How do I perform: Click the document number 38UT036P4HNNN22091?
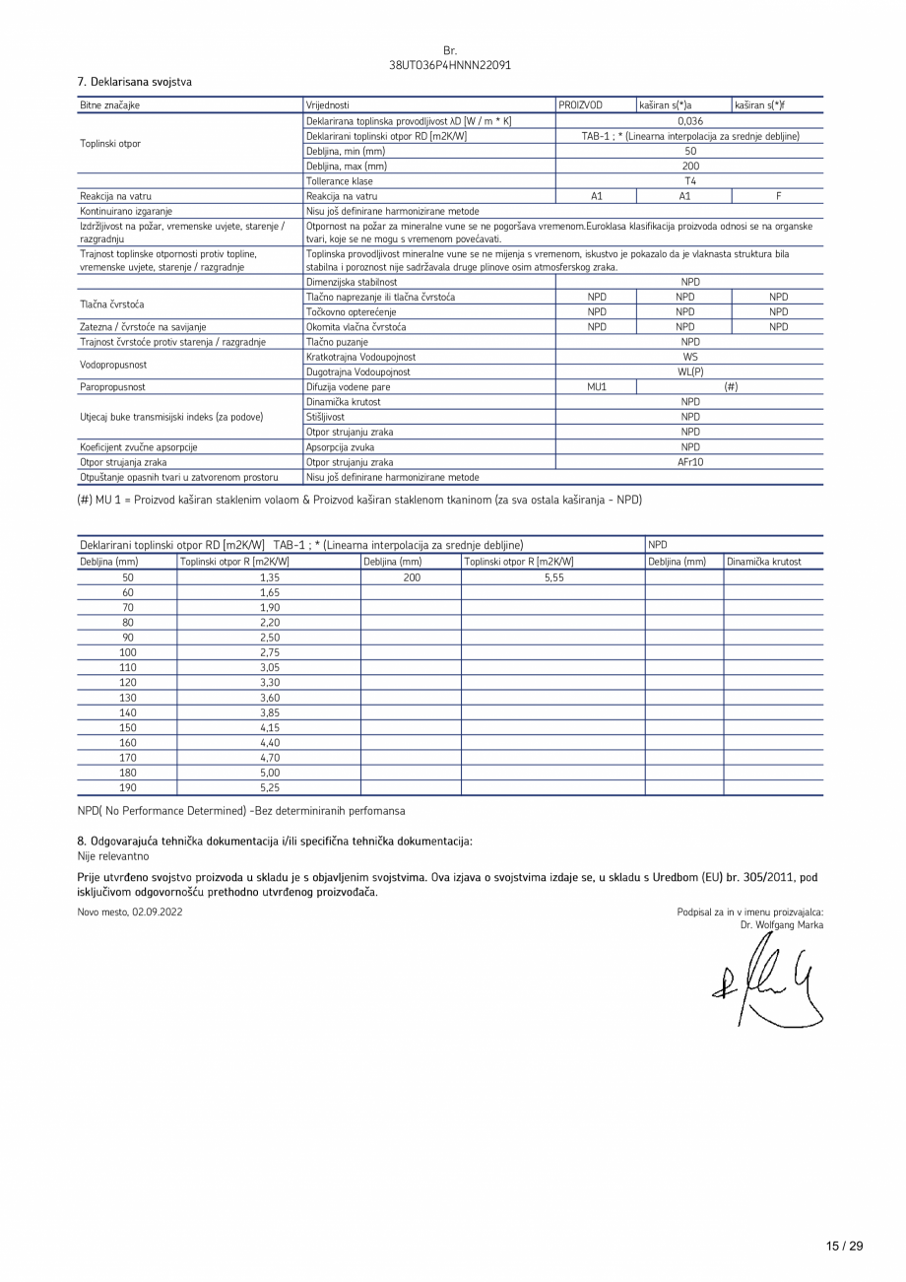[x=450, y=65]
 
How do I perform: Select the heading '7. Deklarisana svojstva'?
[x=134, y=82]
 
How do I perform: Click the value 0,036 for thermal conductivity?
[x=689, y=121]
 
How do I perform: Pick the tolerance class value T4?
[x=689, y=181]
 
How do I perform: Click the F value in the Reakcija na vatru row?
[x=778, y=196]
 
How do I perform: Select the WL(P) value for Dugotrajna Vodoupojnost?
[x=689, y=372]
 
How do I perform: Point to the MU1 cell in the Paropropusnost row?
[x=596, y=387]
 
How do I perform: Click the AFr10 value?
[x=689, y=462]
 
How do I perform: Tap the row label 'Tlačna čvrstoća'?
[x=110, y=304]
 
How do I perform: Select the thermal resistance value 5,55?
[x=553, y=578]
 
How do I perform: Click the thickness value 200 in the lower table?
[x=411, y=578]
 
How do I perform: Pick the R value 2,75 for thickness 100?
[x=269, y=652]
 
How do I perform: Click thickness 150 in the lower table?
[x=127, y=727]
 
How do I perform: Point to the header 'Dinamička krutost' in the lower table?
[x=764, y=562]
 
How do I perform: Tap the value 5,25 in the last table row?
[x=269, y=787]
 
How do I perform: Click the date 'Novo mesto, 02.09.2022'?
[x=129, y=912]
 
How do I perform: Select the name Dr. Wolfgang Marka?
[x=782, y=925]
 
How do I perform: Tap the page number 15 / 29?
[x=844, y=1247]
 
